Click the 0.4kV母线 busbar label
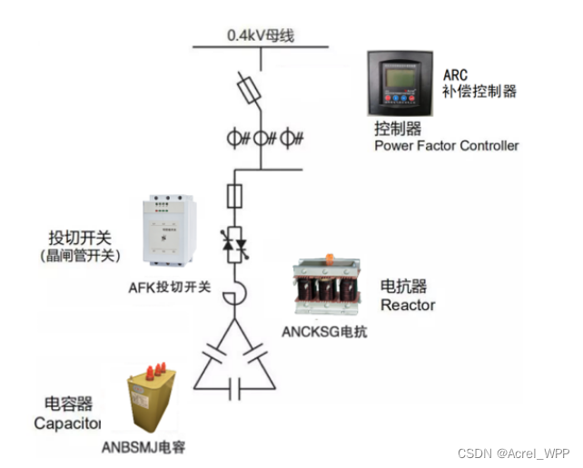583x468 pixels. pyautogui.click(x=261, y=37)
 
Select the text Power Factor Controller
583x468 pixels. pyautogui.click(x=447, y=145)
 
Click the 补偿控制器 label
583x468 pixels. pyautogui.click(x=479, y=92)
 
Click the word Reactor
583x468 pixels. pyautogui.click(x=408, y=306)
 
